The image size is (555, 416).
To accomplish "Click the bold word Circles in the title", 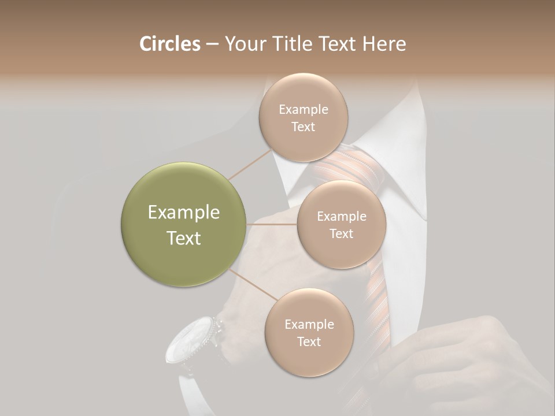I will pos(170,44).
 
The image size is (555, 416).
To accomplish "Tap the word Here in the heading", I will pos(384,44).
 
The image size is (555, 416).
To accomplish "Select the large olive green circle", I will pos(184,224).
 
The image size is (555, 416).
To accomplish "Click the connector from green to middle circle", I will pos(272,224).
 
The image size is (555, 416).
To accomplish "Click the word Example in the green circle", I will pos(184,213).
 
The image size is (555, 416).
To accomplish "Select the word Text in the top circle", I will pos(303,127).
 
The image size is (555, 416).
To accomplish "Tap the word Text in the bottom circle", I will pos(309,342).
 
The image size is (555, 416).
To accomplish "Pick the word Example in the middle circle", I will pos(341,217).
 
